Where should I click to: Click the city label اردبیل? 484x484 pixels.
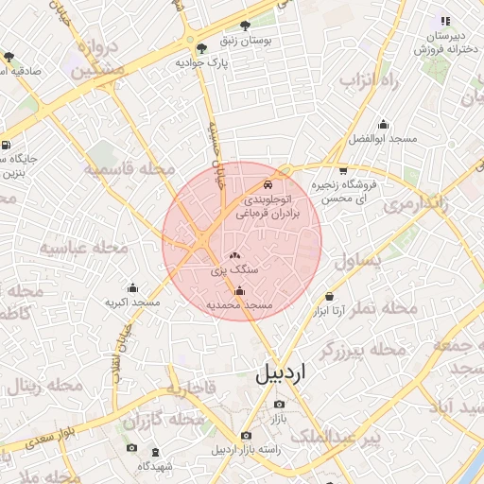point(282,372)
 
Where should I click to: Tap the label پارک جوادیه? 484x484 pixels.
point(203,62)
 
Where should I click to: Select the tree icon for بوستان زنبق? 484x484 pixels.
point(246,26)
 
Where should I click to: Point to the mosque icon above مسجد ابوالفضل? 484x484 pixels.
point(383,124)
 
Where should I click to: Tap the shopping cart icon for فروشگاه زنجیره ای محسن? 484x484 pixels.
point(342,170)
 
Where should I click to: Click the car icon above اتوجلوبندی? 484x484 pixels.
point(269,183)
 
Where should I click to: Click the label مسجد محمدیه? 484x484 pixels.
point(240,306)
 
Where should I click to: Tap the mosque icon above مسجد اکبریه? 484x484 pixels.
point(131,287)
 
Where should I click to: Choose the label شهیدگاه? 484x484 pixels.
point(155,466)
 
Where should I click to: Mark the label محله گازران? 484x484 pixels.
point(164,418)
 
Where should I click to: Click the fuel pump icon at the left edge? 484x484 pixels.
point(7,146)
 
